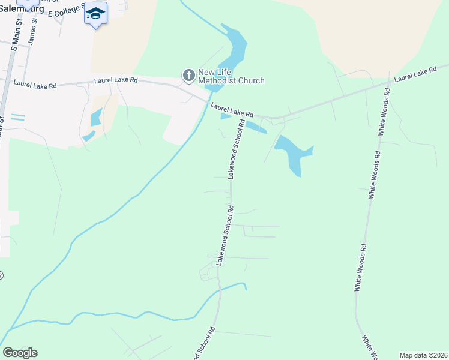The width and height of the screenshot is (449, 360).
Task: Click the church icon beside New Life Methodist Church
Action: click(188, 75)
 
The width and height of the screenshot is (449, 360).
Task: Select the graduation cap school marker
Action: click(95, 13)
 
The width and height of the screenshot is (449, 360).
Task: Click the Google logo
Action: click(20, 353)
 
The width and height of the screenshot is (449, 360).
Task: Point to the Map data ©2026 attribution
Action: click(423, 355)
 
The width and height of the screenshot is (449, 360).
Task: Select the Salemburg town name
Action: click(22, 7)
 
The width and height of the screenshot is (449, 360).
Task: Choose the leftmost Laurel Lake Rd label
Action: click(35, 86)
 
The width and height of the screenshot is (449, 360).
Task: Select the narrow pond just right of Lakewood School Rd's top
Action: click(256, 127)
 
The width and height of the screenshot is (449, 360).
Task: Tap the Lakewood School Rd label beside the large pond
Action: click(237, 148)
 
